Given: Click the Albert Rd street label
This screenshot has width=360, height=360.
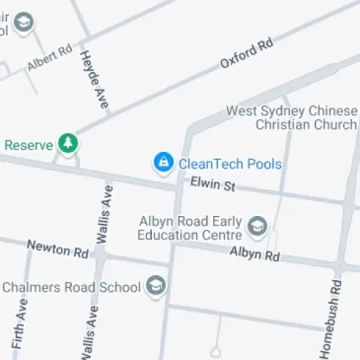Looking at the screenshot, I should click(50, 57).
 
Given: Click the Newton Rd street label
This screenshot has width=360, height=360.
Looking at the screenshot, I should click(58, 250).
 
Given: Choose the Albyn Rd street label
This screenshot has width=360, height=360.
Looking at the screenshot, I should click(254, 254).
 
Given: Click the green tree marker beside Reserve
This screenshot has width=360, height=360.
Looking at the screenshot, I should click(68, 144).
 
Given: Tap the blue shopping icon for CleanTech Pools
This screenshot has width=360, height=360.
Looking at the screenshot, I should click(162, 163).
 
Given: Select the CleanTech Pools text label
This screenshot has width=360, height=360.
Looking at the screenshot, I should click(230, 164).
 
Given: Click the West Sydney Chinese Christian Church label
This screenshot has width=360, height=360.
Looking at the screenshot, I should click(292, 118).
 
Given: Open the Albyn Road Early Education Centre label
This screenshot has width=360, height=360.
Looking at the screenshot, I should click(189, 228).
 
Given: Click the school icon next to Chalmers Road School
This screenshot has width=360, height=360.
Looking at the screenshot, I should click(156, 288).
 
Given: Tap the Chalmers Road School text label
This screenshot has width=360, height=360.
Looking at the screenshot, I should click(71, 288).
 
